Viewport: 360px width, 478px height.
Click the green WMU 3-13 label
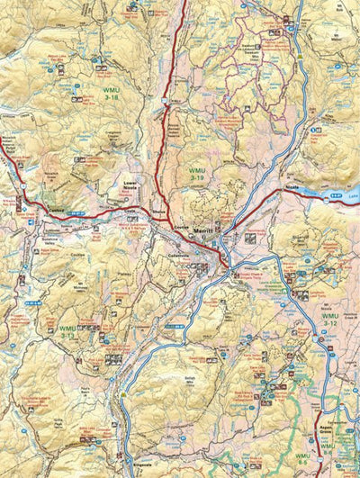(67, 331)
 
